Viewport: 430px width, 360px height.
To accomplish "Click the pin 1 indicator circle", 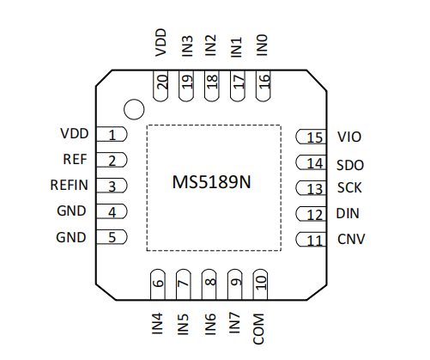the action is click(x=134, y=109).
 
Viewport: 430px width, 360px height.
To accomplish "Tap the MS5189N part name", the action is click(x=211, y=182).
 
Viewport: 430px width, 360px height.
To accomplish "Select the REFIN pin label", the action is click(x=69, y=185).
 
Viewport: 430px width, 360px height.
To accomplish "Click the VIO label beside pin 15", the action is click(x=349, y=137).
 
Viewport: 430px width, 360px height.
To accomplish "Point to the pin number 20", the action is click(x=162, y=82).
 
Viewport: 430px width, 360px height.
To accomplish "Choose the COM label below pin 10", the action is click(x=258, y=329).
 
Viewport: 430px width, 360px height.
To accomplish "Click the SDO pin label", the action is click(x=350, y=165).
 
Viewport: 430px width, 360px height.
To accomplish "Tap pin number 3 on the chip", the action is click(x=112, y=186).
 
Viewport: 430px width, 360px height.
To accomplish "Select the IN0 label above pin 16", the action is click(x=262, y=46).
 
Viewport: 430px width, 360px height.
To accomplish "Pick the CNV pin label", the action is click(x=351, y=239).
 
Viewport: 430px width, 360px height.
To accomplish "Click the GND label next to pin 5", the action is click(x=71, y=237).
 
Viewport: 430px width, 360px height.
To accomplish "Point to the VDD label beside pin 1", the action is click(x=75, y=133).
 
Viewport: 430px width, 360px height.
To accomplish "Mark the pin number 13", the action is click(x=315, y=189).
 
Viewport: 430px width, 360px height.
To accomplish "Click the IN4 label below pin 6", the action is click(x=157, y=324).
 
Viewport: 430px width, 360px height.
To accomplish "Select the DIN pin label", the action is click(x=348, y=214).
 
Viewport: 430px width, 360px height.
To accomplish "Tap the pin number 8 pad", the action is click(x=211, y=282).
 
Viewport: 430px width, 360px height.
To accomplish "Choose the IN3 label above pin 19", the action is click(x=187, y=46).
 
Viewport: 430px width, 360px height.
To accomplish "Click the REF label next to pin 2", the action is click(x=75, y=159).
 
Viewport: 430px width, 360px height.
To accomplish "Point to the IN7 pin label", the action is click(x=234, y=323).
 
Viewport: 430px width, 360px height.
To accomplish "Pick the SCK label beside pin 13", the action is click(x=349, y=188).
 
